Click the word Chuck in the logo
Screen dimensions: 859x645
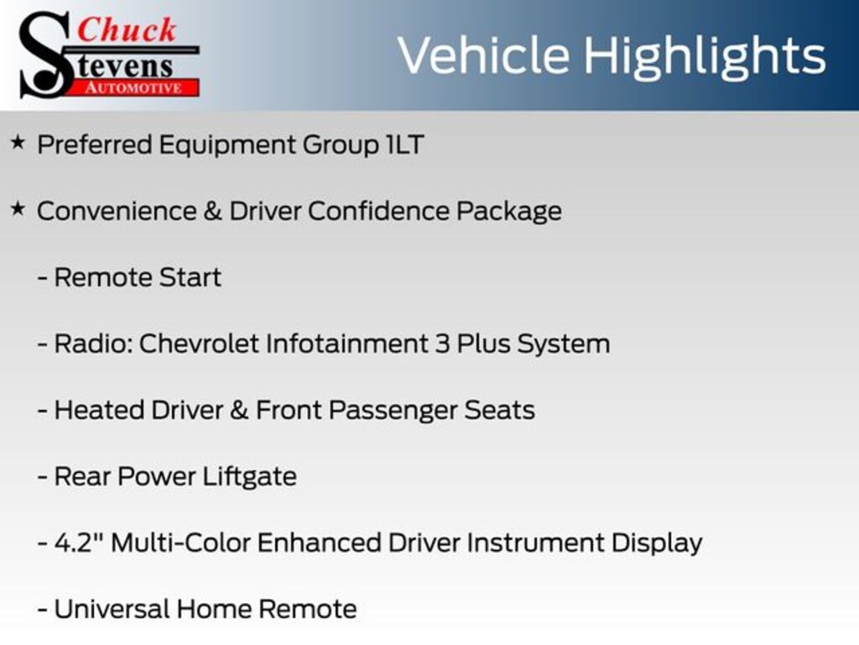(x=127, y=29)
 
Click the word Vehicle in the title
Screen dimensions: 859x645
(x=484, y=55)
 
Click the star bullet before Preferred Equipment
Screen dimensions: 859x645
(x=18, y=143)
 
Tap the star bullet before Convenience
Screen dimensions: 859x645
(x=18, y=209)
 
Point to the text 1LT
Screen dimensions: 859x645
(x=405, y=144)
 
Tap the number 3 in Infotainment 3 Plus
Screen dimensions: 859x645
(x=443, y=343)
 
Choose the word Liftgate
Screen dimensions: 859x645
(x=250, y=477)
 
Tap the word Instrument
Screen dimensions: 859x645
(x=535, y=543)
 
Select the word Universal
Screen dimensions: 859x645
(x=112, y=610)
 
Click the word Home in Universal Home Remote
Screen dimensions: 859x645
(x=214, y=610)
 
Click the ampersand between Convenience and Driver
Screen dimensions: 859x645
(x=213, y=211)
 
